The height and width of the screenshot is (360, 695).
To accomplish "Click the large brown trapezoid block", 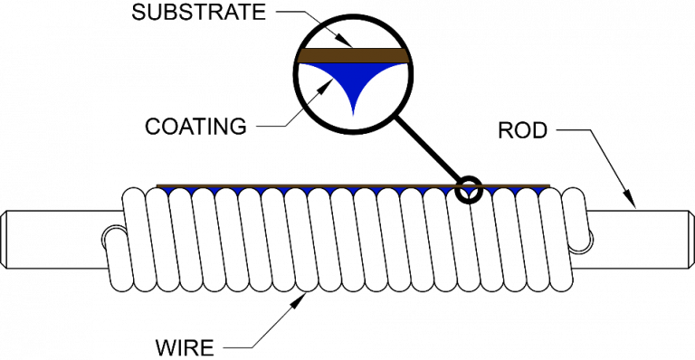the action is (x=353, y=55).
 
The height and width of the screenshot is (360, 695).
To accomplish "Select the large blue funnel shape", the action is (x=353, y=77).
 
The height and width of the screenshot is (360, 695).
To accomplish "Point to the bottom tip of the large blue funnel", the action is (x=353, y=116).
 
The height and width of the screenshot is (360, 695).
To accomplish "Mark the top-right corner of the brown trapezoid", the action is (x=405, y=49).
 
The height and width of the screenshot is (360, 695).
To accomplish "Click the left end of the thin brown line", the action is (x=157, y=185).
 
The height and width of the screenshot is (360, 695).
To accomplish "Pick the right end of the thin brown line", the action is (x=548, y=185).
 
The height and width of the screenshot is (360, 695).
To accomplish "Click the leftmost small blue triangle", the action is (x=168, y=191).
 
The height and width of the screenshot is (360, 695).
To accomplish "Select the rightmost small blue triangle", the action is (x=538, y=191).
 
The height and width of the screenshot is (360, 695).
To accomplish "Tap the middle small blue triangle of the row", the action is (x=353, y=191).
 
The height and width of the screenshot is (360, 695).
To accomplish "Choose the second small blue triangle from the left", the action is (x=192, y=191).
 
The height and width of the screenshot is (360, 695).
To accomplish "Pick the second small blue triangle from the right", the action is (x=515, y=191).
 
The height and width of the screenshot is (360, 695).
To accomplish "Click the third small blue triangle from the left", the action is (x=214, y=191).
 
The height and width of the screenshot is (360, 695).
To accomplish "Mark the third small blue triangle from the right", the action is (x=492, y=191).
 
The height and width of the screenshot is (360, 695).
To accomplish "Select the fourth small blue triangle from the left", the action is (x=238, y=191).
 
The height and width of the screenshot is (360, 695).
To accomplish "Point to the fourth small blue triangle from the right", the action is (x=469, y=191).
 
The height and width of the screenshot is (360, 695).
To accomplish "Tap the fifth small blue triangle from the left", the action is (x=261, y=191).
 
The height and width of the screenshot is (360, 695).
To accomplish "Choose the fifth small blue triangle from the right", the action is (x=446, y=191).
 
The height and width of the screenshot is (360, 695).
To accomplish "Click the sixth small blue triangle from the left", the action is (x=284, y=191).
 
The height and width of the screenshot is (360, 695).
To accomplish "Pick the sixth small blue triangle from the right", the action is (x=423, y=191).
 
